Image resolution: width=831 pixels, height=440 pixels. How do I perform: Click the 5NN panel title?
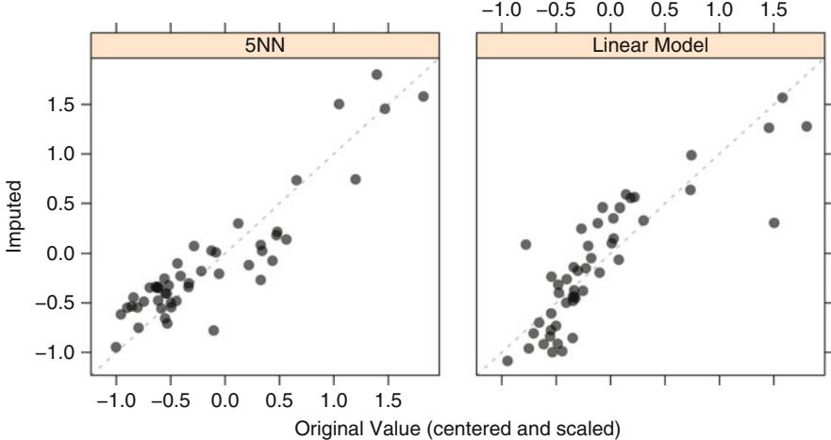coord(265,44)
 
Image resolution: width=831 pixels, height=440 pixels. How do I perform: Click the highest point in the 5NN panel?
coord(376,74)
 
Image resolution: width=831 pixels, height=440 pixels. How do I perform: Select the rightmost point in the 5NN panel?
coord(423,96)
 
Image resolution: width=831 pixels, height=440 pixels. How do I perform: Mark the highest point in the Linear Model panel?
coord(782,98)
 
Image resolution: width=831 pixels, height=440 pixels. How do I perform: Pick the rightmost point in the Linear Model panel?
coord(806,126)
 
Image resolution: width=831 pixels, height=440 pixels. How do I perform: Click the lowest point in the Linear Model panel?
coord(507,361)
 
